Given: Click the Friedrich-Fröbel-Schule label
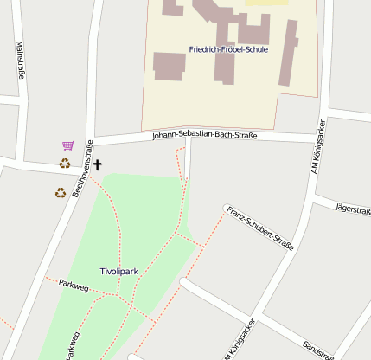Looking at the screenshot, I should (228, 49).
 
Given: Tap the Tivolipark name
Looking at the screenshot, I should (119, 271).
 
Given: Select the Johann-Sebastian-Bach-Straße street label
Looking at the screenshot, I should (204, 135).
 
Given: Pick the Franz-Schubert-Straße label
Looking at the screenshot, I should (260, 228).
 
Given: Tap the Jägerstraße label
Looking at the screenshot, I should (352, 209).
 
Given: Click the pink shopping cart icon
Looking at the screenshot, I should (67, 145).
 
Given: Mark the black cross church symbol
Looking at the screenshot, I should (97, 164).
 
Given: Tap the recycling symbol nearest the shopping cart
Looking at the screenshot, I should (65, 163).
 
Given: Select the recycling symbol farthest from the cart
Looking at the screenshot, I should (60, 193).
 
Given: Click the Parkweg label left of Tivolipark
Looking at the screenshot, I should (74, 285).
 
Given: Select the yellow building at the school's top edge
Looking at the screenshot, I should (266, 3).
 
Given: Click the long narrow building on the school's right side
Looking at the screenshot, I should (288, 53).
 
